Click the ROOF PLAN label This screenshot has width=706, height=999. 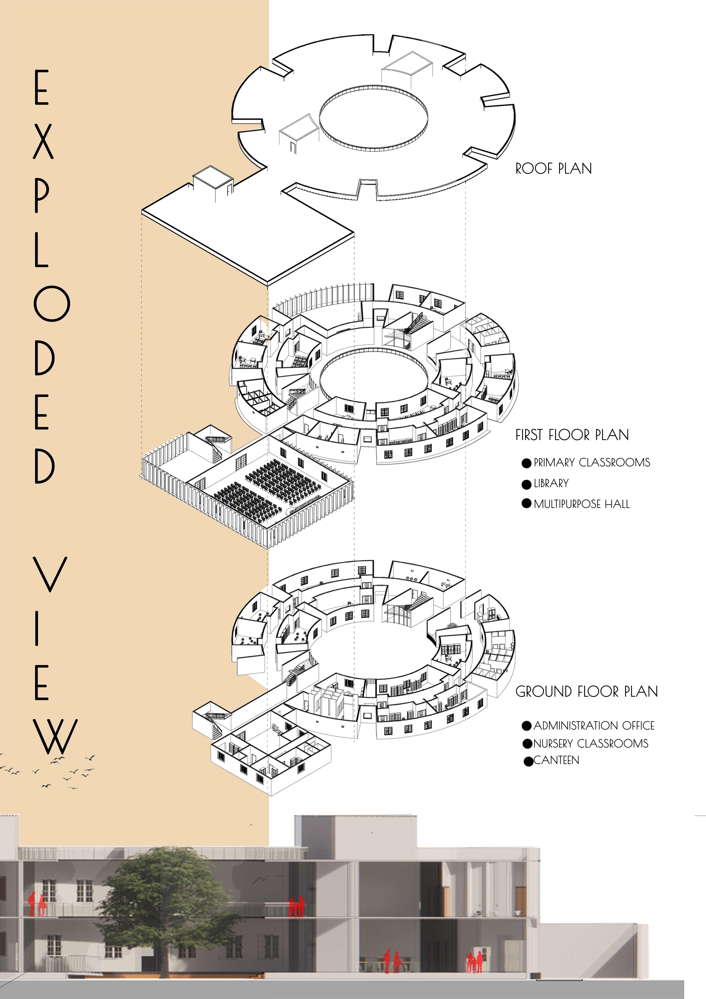tap(553, 169)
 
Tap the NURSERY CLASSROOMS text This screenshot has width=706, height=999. tap(590, 744)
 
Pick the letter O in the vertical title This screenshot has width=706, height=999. tap(52, 304)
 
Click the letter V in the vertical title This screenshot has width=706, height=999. tap(50, 574)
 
